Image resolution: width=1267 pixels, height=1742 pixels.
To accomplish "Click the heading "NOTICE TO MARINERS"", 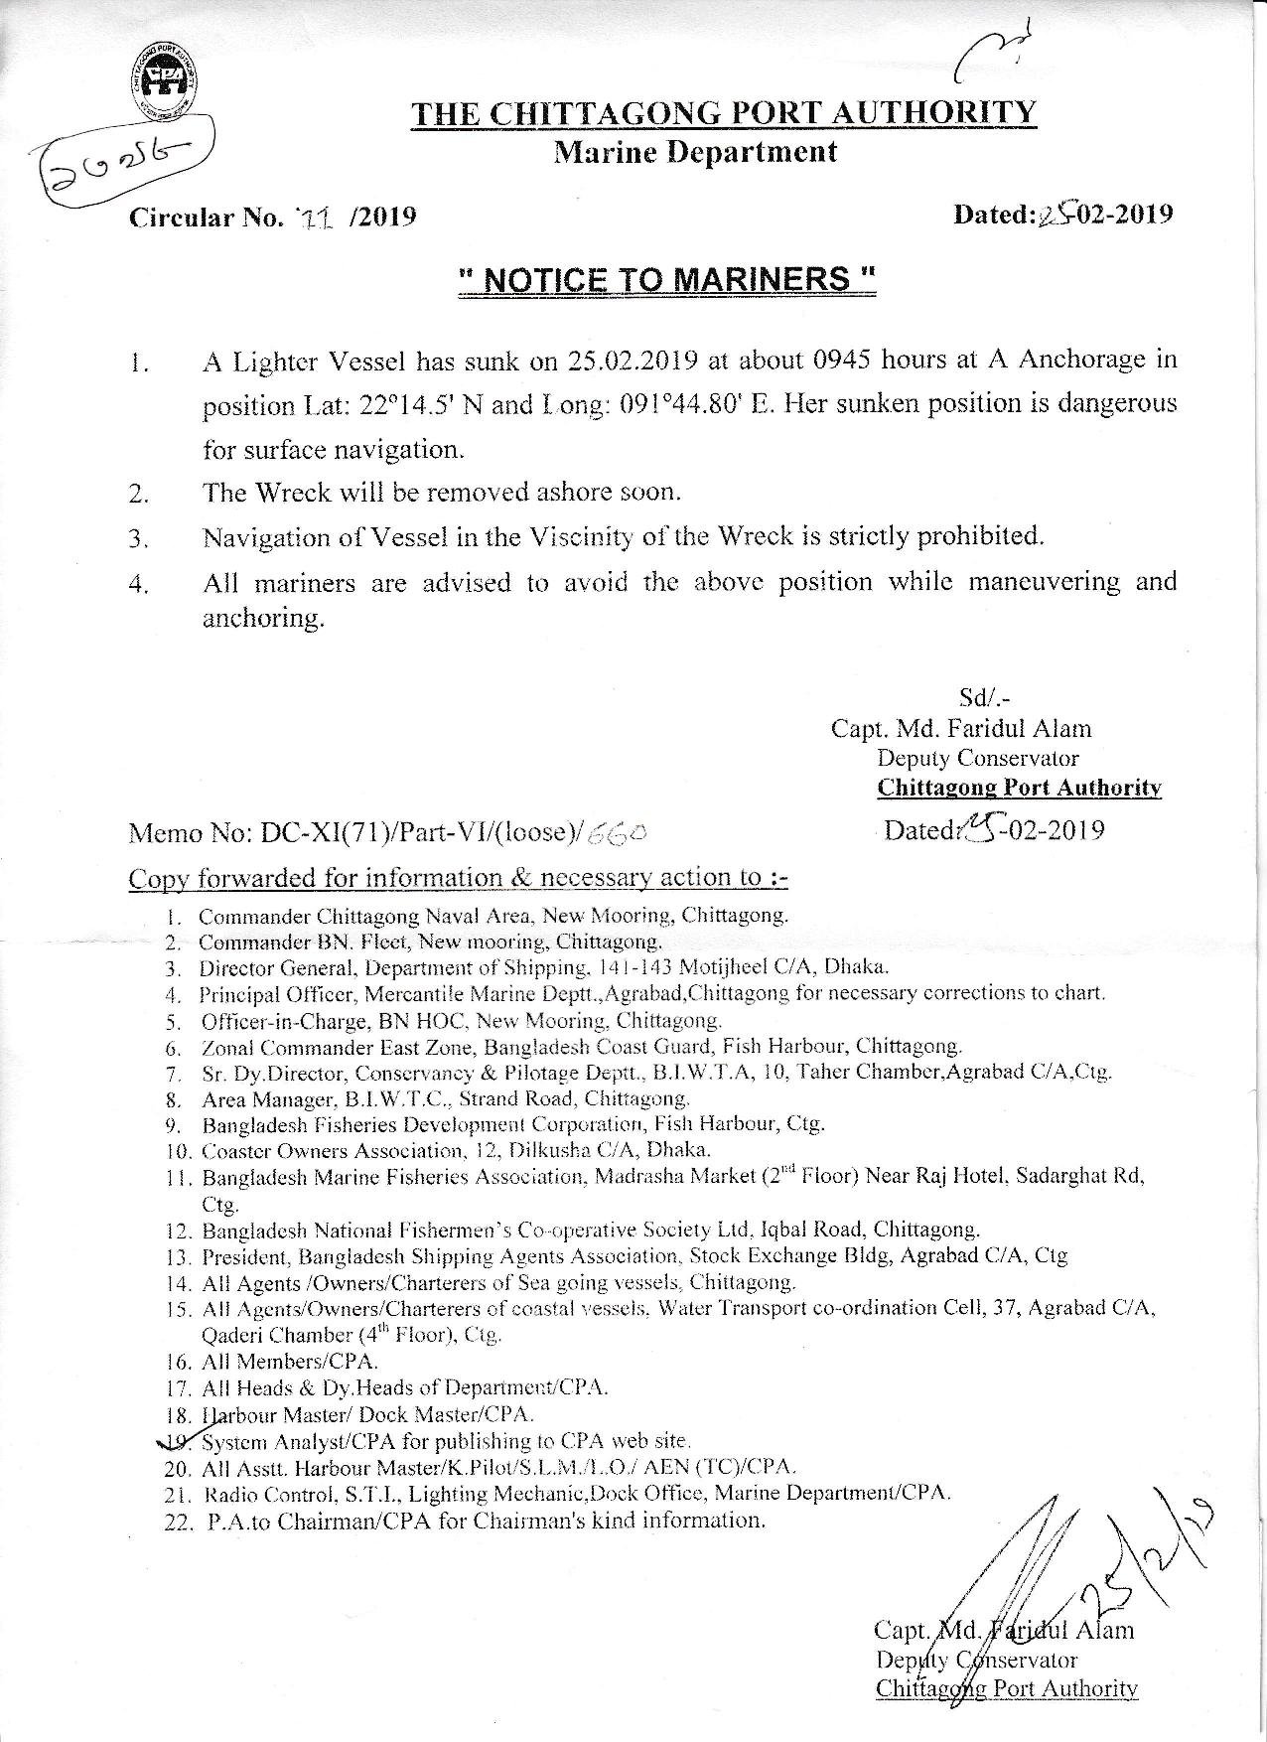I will coord(667,279).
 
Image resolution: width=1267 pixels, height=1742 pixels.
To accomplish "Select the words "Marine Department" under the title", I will coord(695,152).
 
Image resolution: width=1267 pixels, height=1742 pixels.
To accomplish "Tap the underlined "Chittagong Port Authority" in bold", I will coord(1019,789).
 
